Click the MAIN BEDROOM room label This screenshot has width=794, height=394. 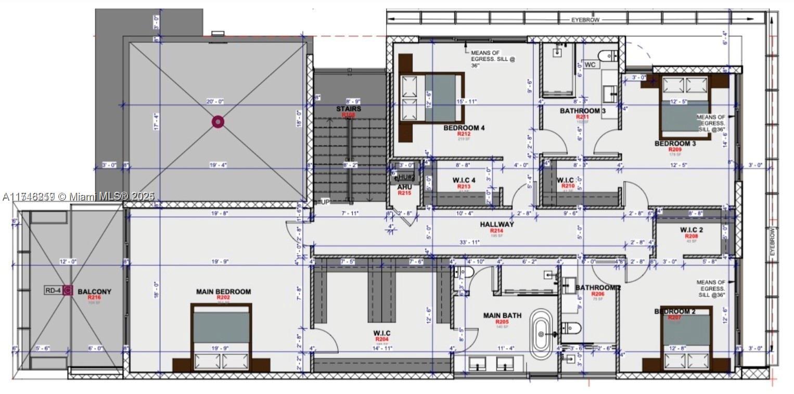(x=223, y=292)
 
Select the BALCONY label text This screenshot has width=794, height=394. (x=94, y=292)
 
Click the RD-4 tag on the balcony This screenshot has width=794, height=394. (x=53, y=291)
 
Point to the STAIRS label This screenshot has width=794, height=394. (x=348, y=109)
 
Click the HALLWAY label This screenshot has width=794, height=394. (x=497, y=224)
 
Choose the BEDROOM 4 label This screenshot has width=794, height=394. (x=464, y=128)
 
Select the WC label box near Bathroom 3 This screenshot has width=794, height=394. (x=590, y=65)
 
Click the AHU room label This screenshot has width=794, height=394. (x=404, y=187)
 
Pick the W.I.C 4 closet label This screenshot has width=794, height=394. (x=464, y=180)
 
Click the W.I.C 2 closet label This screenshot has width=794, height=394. (x=691, y=230)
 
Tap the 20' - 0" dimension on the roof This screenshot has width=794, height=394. (x=215, y=102)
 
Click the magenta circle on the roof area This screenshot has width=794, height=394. (x=218, y=122)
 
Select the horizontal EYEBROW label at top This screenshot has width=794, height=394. (x=585, y=20)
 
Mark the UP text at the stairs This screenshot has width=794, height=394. (x=325, y=202)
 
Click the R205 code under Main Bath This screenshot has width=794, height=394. (x=502, y=322)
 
